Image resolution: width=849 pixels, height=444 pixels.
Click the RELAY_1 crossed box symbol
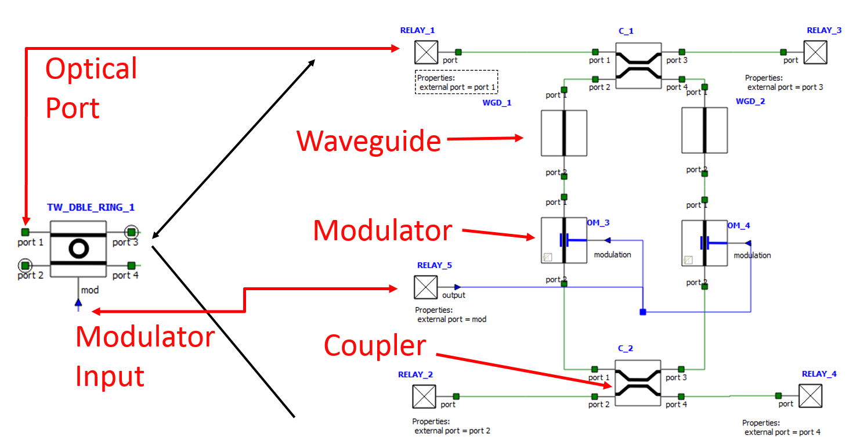(427, 52)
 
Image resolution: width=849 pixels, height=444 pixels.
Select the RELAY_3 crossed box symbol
(815, 52)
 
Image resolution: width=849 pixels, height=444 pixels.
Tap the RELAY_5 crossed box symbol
(426, 287)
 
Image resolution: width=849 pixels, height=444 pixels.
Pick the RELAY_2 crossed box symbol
(424, 397)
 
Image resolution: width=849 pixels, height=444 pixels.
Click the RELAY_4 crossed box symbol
(811, 396)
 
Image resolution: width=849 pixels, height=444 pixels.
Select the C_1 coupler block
(638, 65)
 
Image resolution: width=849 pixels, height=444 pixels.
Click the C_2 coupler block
(638, 383)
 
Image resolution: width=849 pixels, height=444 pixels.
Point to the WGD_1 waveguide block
(564, 133)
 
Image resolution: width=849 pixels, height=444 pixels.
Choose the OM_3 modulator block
(564, 240)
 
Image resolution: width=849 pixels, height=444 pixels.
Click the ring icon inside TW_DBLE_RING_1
(78, 249)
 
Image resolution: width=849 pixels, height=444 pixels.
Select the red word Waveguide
(368, 141)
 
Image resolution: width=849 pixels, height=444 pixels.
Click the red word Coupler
(375, 346)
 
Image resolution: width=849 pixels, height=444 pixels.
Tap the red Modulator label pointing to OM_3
(382, 230)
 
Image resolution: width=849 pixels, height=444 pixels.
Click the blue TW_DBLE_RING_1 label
(91, 207)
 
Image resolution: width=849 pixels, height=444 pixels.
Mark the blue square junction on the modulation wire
(643, 312)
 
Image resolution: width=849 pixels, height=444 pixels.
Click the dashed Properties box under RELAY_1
(457, 82)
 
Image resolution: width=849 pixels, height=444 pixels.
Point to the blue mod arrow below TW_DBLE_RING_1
(78, 302)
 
